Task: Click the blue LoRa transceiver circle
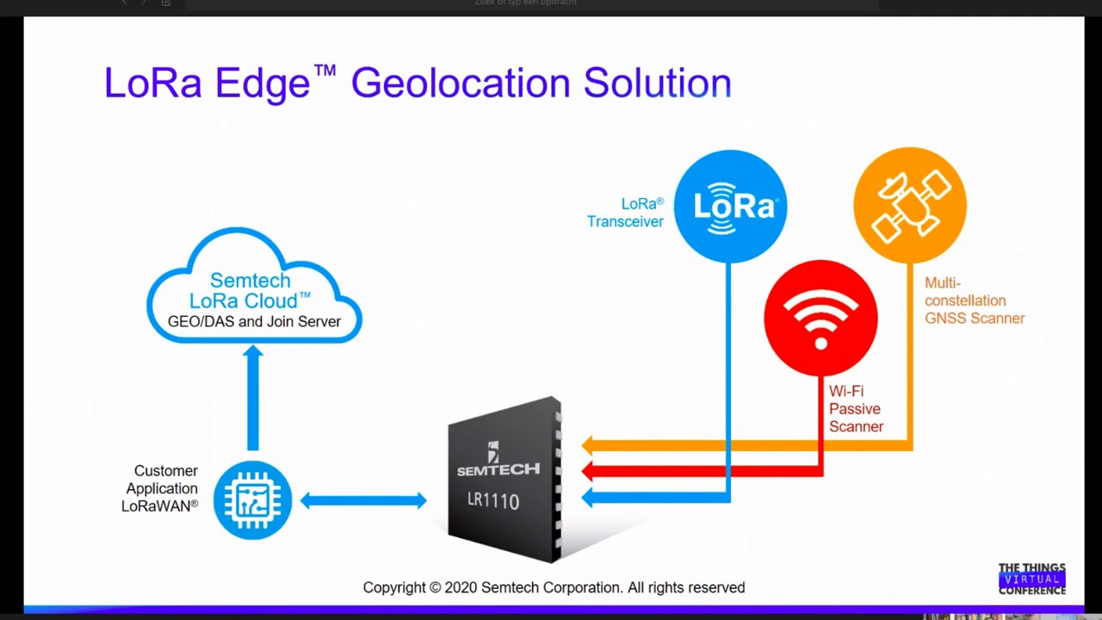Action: [730, 207]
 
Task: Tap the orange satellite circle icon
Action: [910, 205]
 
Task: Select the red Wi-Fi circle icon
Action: [820, 318]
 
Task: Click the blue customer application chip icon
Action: [252, 500]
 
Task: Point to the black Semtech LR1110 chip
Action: [505, 479]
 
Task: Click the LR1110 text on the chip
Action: [493, 500]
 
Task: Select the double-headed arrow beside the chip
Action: [363, 500]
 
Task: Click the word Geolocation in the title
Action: [461, 84]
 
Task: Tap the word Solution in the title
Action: [657, 84]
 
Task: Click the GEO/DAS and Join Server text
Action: [254, 321]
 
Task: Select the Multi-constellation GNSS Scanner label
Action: [974, 301]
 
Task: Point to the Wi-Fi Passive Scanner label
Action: [856, 409]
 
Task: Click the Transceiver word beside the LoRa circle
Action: [625, 221]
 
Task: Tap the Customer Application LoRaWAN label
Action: [161, 488]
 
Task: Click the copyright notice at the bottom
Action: [554, 587]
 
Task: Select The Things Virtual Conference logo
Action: [1031, 579]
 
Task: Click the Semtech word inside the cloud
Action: [250, 281]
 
